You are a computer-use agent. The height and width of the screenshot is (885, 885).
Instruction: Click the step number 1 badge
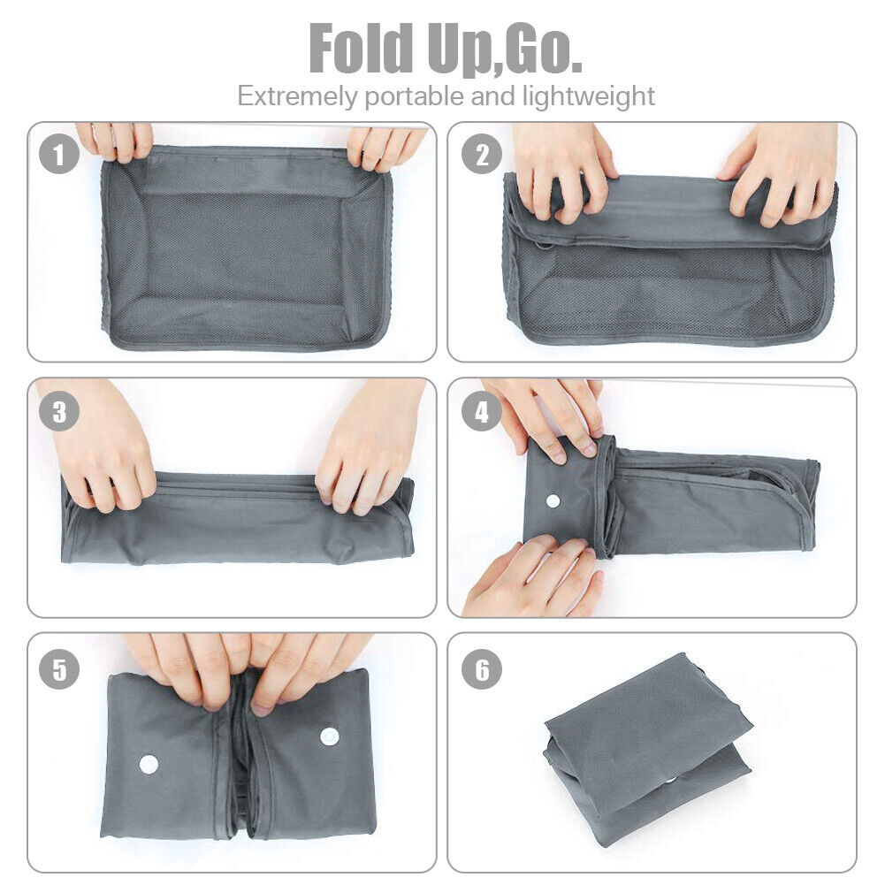click(x=59, y=156)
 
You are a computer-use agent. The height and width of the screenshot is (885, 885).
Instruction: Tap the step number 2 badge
click(x=482, y=156)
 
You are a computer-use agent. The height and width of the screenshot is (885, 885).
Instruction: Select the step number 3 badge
click(x=59, y=412)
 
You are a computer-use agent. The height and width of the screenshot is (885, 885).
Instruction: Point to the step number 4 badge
click(x=482, y=412)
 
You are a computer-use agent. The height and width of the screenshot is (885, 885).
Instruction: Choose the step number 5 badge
click(x=59, y=668)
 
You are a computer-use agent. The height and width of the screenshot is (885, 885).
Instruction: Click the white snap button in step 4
click(x=553, y=500)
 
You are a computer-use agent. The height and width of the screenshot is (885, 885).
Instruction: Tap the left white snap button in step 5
click(x=149, y=763)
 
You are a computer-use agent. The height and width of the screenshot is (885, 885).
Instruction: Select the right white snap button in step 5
click(x=330, y=736)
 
